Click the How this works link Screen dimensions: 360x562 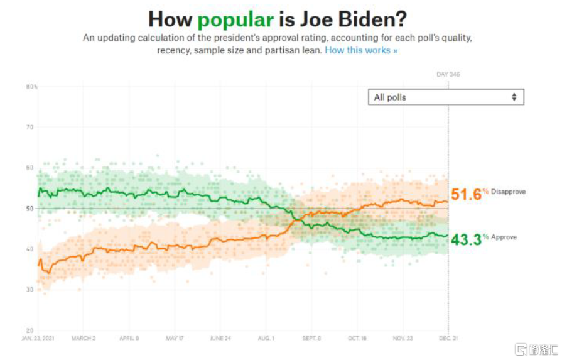(x=361, y=50)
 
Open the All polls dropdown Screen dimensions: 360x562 (x=445, y=97)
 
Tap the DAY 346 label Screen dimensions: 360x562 (x=448, y=75)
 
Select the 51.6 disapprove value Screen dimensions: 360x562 (x=465, y=195)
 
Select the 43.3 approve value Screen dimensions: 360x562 (x=465, y=240)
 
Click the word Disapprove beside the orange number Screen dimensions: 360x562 (x=508, y=192)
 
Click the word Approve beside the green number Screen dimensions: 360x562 (x=504, y=237)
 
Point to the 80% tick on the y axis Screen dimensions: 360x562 (x=31, y=87)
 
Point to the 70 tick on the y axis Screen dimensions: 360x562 (x=30, y=128)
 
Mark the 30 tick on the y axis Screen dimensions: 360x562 (x=30, y=290)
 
